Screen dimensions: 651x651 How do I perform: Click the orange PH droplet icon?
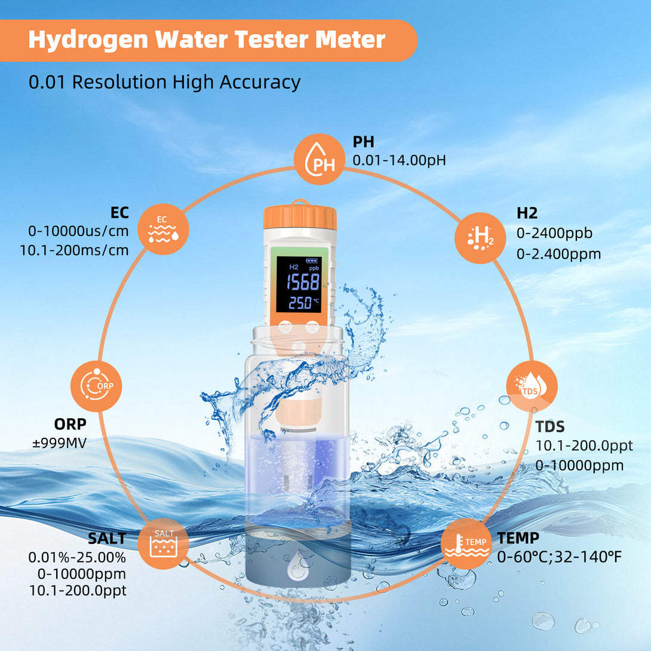(320, 159)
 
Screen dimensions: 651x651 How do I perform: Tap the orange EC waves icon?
(163, 229)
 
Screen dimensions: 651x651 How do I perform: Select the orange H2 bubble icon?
(480, 238)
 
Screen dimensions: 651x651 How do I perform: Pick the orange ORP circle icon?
(96, 386)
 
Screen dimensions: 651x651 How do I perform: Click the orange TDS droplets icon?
(532, 386)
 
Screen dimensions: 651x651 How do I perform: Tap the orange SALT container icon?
(163, 543)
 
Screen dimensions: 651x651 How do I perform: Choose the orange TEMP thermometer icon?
(466, 543)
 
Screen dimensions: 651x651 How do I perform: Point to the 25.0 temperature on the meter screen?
(300, 303)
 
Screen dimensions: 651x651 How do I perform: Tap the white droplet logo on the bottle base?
(297, 565)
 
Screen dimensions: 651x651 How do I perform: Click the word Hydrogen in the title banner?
(88, 41)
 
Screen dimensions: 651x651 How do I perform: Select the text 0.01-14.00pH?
(399, 160)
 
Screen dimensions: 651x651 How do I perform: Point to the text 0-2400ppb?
(554, 234)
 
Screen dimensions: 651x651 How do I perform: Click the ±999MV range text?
(59, 443)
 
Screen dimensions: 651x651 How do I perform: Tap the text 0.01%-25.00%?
(77, 557)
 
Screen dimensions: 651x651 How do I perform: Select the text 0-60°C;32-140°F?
(559, 557)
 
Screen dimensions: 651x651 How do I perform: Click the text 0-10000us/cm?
(78, 231)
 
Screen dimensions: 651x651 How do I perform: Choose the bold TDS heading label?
(549, 427)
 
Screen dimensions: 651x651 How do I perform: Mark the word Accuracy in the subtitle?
(260, 82)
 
